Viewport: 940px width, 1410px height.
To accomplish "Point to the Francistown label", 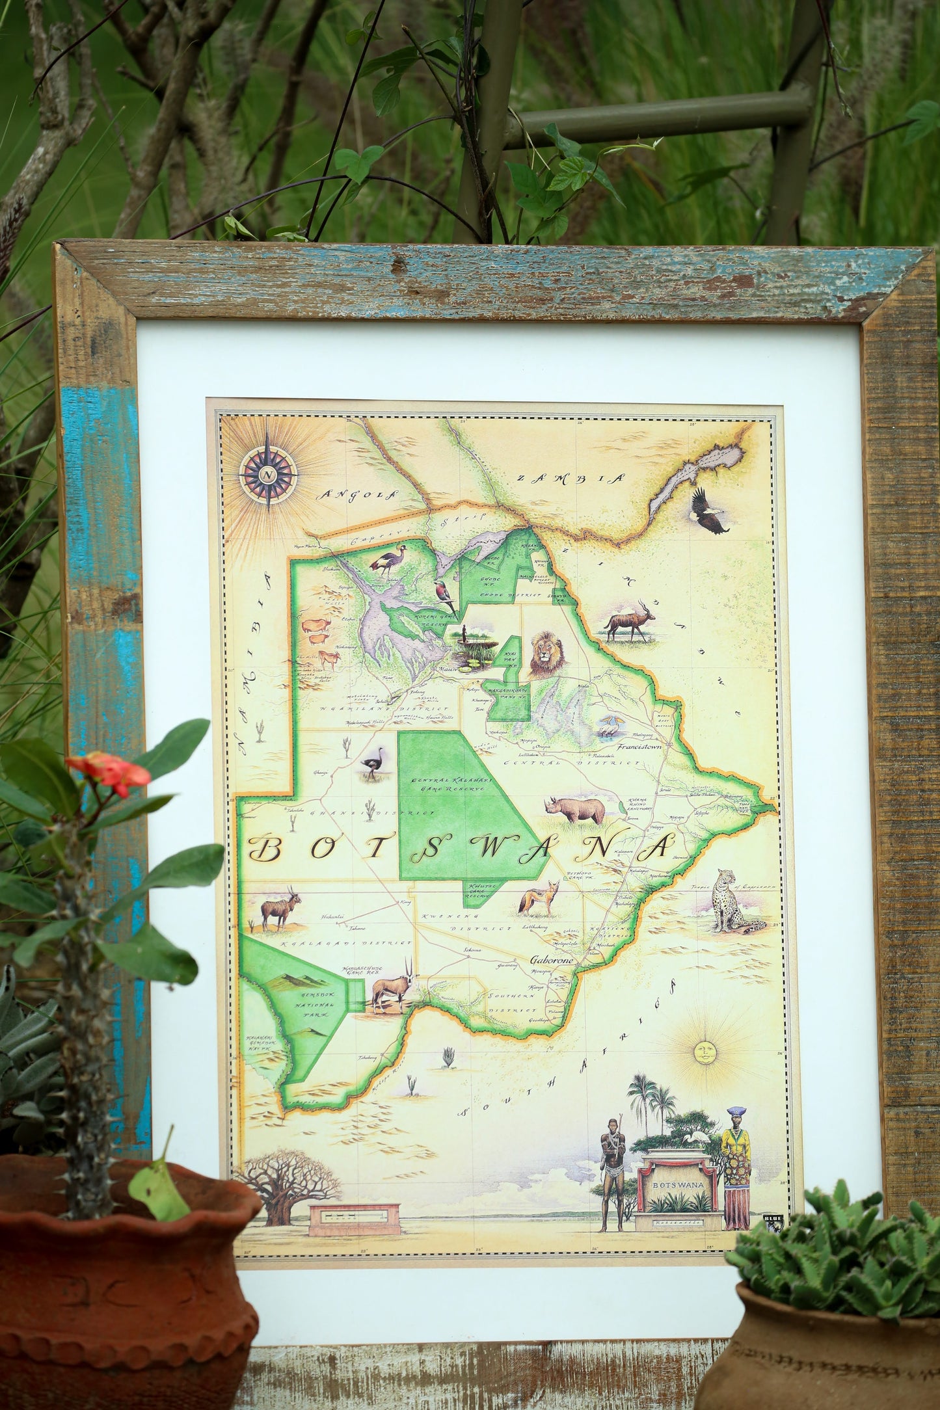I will click(638, 747).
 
